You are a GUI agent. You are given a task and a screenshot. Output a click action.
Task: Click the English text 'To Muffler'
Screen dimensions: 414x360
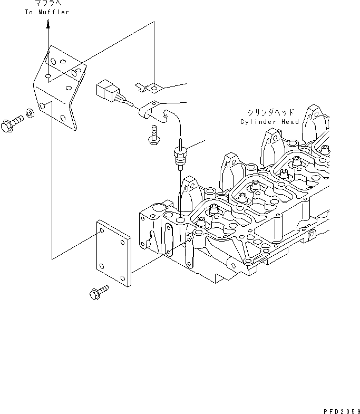[47, 12]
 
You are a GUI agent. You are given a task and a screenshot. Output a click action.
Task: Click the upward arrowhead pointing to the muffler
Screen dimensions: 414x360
[48, 24]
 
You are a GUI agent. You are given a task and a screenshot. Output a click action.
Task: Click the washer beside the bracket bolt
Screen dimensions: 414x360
[31, 113]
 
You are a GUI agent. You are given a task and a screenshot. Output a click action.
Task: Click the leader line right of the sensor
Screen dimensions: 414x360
[194, 143]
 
